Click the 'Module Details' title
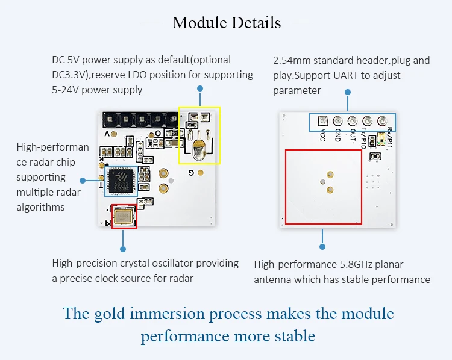click(226, 23)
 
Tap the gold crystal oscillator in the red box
click(124, 216)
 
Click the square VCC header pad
click(322, 121)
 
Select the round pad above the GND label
click(337, 121)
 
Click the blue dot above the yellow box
click(199, 88)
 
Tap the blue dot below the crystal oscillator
click(123, 248)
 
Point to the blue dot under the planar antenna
click(322, 246)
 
